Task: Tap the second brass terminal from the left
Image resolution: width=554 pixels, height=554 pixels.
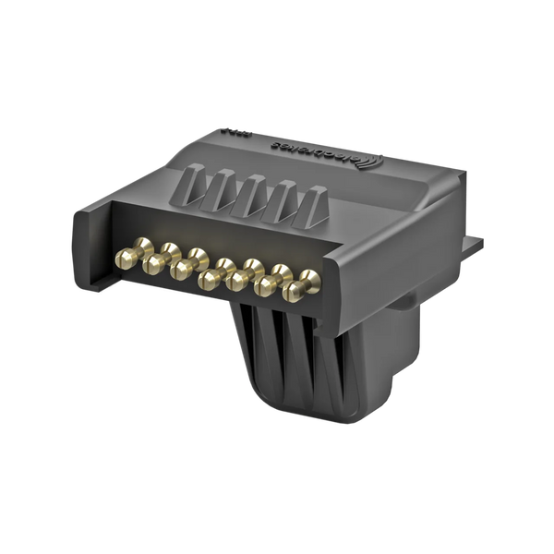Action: pyautogui.click(x=152, y=262)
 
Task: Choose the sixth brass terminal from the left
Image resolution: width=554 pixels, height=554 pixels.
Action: pyautogui.click(x=270, y=283)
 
